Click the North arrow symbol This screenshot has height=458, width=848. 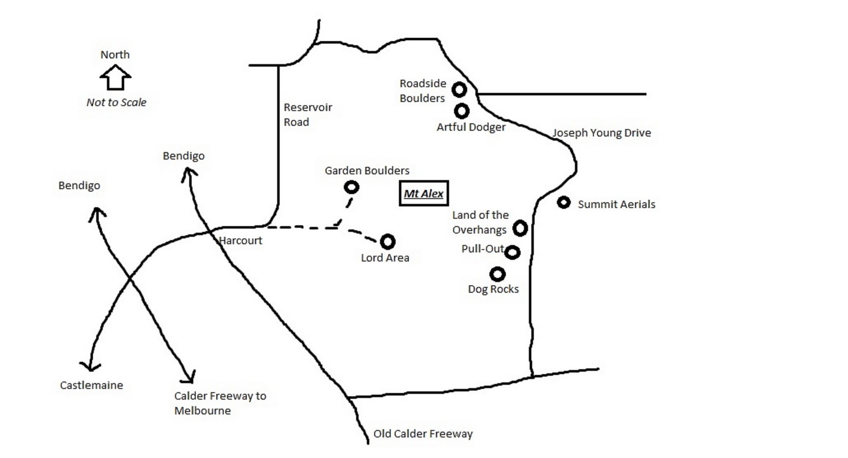click(x=115, y=77)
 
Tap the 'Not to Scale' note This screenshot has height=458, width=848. click(x=116, y=102)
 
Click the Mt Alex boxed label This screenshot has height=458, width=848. click(x=423, y=193)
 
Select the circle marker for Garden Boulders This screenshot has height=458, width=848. click(x=351, y=187)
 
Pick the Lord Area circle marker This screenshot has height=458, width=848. click(x=388, y=242)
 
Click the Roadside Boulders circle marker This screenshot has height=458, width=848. click(x=459, y=89)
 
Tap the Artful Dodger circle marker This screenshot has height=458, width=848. click(x=462, y=111)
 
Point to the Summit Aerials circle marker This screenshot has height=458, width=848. click(x=563, y=202)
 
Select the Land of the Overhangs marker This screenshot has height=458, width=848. click(x=520, y=228)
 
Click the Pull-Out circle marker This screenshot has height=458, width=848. click(x=512, y=252)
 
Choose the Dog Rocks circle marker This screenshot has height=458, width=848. click(x=497, y=274)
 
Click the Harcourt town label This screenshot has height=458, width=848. click(x=241, y=241)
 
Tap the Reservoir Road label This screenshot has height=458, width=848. click(x=307, y=114)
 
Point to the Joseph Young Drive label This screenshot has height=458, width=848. click(x=602, y=133)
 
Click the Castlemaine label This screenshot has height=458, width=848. click(x=91, y=385)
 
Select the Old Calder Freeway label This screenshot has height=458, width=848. click(x=423, y=434)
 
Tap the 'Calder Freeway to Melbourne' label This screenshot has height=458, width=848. click(x=220, y=403)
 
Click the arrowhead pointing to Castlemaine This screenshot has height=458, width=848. click(x=90, y=366)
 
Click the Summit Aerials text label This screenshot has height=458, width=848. click(x=616, y=205)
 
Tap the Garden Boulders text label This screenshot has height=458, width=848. click(x=367, y=171)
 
